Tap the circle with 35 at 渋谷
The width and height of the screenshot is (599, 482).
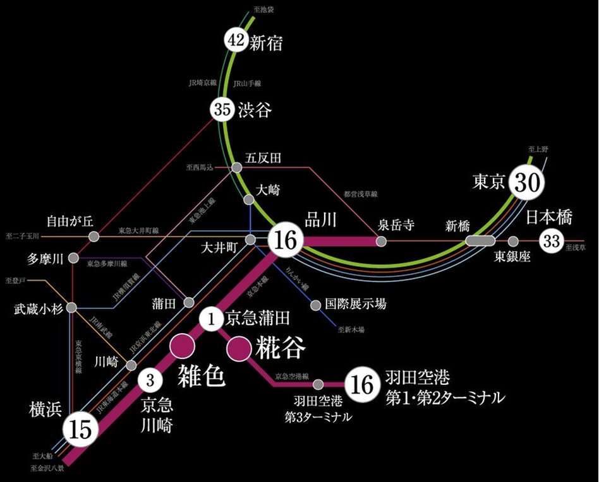tap(222, 110)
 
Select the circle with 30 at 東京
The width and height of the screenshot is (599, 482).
tap(528, 182)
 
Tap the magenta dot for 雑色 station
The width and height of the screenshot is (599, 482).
tap(184, 345)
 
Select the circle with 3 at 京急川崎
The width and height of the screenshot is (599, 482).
tap(150, 380)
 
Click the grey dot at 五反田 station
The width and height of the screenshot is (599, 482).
tap(236, 168)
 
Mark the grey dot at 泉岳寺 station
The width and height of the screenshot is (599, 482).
tap(381, 241)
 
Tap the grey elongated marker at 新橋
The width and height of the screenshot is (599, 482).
tap(480, 240)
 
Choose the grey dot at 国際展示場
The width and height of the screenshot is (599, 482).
tap(316, 305)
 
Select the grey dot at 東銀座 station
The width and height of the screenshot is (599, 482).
tap(514, 241)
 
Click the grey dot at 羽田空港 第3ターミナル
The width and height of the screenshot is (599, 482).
tap(319, 384)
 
